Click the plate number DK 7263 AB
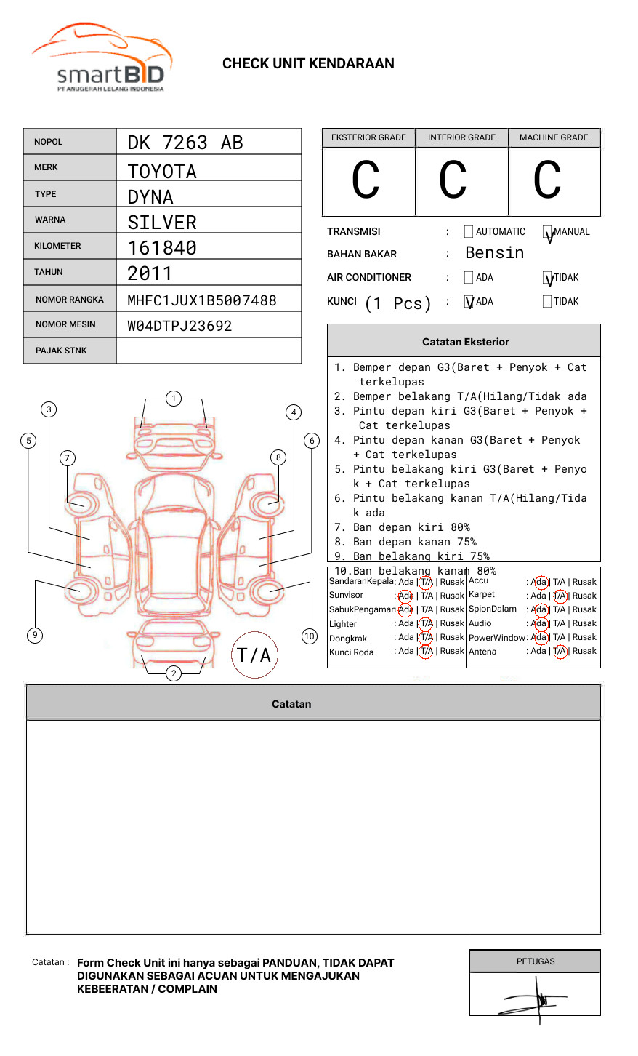click(185, 143)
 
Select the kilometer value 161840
click(162, 248)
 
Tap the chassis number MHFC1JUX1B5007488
click(202, 300)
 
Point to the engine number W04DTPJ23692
click(179, 326)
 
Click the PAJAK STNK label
click(61, 351)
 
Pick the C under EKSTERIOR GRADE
click(366, 180)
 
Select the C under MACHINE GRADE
click(547, 180)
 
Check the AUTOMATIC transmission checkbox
click(469, 232)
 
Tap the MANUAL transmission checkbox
click(547, 233)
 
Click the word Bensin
click(494, 253)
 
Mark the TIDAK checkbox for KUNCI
click(547, 302)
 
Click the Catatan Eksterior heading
click(465, 342)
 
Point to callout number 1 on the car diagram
click(173, 399)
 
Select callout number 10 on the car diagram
click(310, 636)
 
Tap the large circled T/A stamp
click(254, 655)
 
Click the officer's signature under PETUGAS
click(536, 999)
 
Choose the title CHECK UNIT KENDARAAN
click(308, 64)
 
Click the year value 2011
click(150, 274)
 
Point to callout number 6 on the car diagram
click(312, 441)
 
